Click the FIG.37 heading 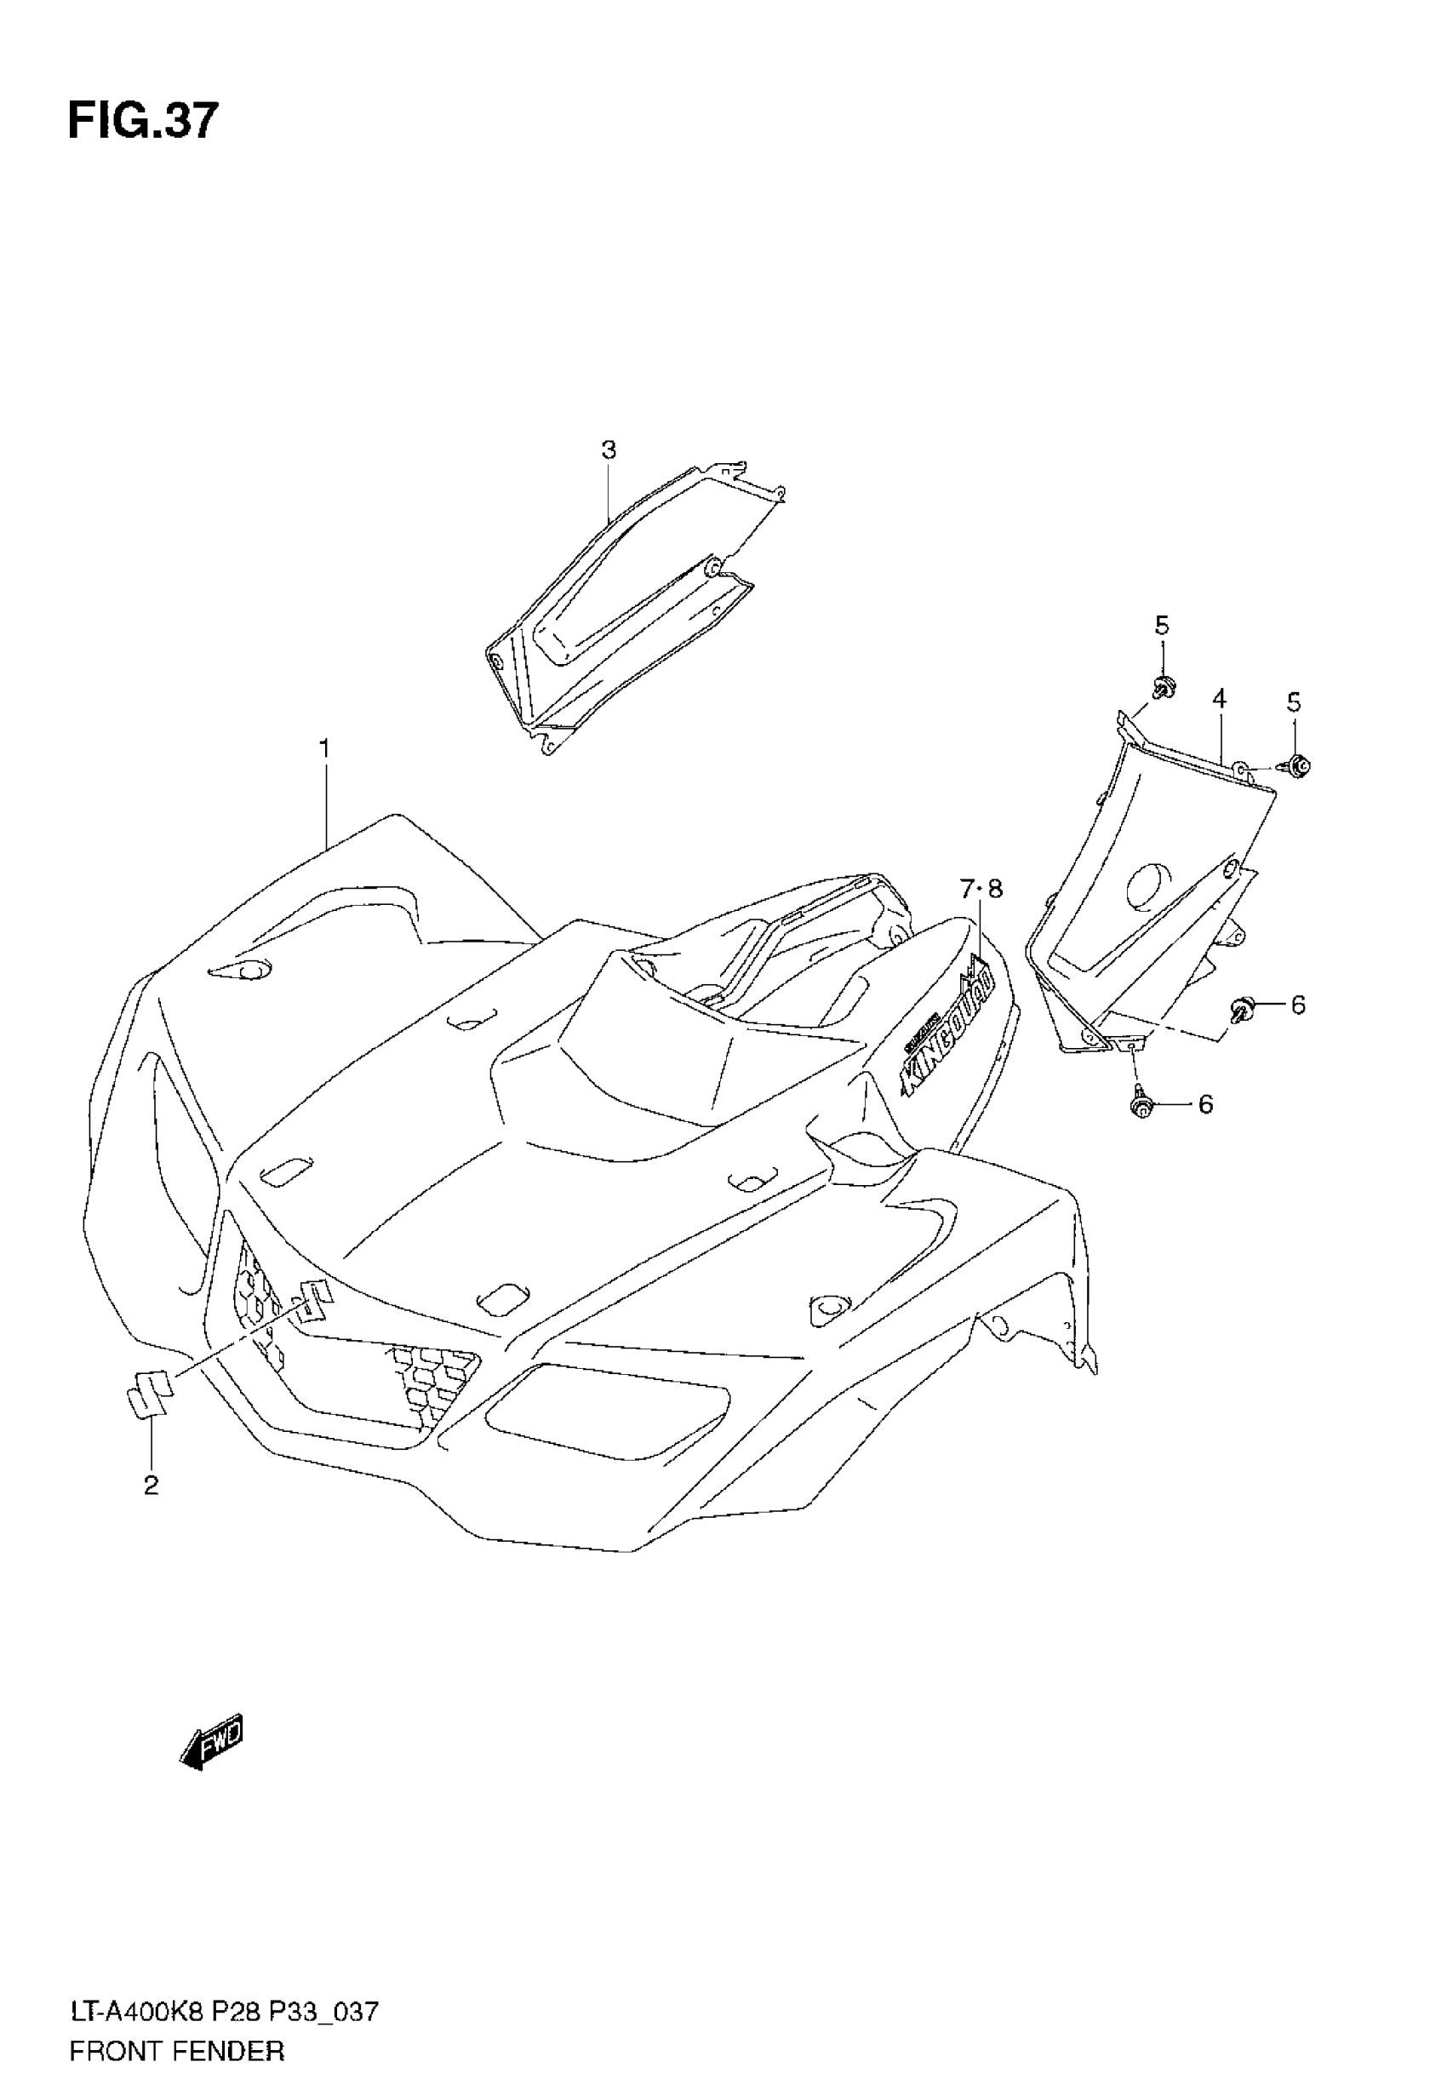pyautogui.click(x=143, y=122)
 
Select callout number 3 pyautogui.click(x=609, y=450)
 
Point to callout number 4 pyautogui.click(x=1220, y=698)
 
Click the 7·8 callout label pyautogui.click(x=982, y=890)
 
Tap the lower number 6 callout pyautogui.click(x=1205, y=1104)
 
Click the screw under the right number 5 pyautogui.click(x=1297, y=766)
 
